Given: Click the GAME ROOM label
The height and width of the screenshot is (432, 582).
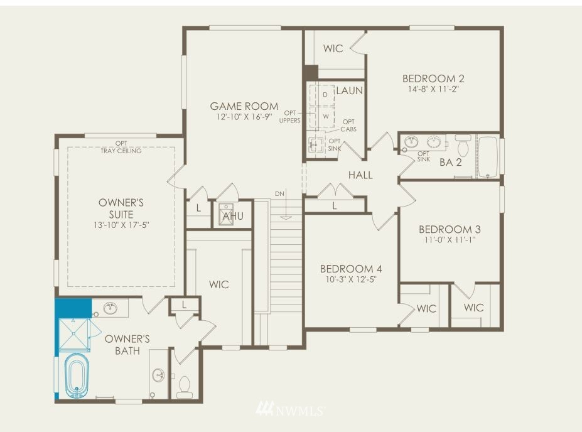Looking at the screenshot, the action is click(x=244, y=106).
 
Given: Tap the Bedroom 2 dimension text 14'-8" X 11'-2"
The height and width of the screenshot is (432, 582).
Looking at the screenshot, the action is click(x=433, y=89).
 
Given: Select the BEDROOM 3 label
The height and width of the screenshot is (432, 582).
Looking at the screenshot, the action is click(x=450, y=229).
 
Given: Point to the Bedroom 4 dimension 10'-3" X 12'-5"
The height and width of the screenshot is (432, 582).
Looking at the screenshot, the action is click(x=351, y=279).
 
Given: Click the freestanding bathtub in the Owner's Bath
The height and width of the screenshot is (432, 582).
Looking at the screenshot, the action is click(x=77, y=375).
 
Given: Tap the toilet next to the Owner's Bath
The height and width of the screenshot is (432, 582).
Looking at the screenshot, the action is click(x=185, y=387).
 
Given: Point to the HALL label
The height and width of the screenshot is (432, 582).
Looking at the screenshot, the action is click(x=360, y=175).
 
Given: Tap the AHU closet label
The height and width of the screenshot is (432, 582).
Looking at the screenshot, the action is click(x=233, y=215).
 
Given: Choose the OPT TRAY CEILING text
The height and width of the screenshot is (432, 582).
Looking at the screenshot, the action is click(x=121, y=147).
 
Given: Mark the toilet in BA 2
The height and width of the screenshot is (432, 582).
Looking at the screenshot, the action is click(x=463, y=146).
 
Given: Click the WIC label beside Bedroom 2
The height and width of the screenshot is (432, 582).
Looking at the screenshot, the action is click(x=333, y=48).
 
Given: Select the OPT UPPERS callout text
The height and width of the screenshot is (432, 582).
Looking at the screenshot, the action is click(x=290, y=117).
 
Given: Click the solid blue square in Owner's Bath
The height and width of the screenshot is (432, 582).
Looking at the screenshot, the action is click(x=73, y=308).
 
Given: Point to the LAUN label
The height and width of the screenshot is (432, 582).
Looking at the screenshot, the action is click(x=349, y=90).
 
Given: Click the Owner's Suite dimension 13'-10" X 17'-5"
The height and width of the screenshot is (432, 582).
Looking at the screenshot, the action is click(x=121, y=225).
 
